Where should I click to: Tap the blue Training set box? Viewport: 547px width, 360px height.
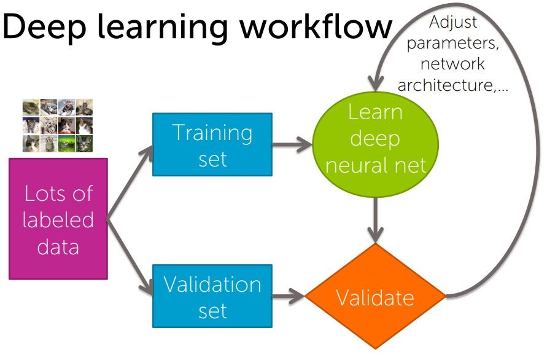[x=212, y=144]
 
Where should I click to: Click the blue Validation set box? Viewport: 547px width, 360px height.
[x=212, y=296]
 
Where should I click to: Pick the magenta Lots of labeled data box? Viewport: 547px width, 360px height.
[x=58, y=219]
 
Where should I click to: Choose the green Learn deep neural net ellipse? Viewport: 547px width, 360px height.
[x=375, y=144]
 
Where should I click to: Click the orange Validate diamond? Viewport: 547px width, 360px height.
[x=375, y=296]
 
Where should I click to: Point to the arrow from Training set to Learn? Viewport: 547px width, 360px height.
[x=292, y=144]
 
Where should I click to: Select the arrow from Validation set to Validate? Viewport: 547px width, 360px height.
[x=289, y=296]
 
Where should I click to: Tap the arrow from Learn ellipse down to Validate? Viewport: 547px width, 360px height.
[x=375, y=220]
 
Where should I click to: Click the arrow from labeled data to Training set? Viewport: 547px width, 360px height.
[x=130, y=182]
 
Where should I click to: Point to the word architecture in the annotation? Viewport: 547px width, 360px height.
[x=446, y=85]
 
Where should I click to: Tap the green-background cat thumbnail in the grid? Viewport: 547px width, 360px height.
[x=67, y=144]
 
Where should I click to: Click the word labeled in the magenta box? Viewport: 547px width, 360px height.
[x=58, y=220]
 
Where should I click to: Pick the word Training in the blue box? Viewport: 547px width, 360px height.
[x=212, y=134]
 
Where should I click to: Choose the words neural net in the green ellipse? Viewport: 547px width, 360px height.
[x=376, y=165]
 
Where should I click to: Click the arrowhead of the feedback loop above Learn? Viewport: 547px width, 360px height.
[x=375, y=83]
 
